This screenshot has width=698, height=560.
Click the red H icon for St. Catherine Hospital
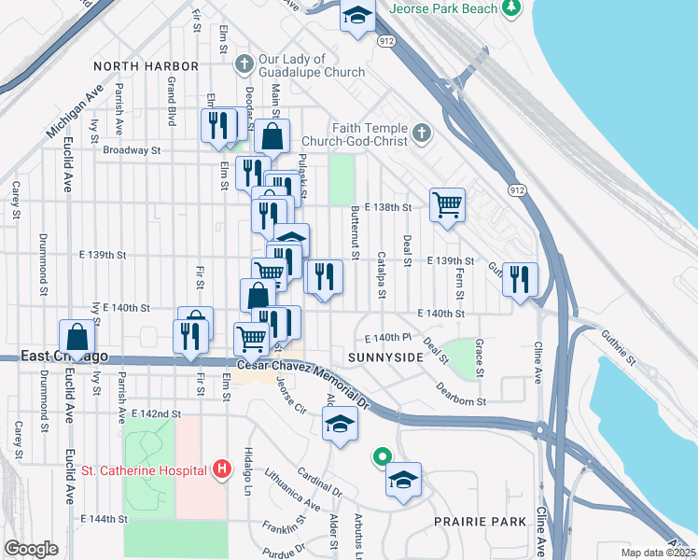(221, 468)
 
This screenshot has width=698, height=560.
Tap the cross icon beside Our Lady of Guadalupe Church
(244, 65)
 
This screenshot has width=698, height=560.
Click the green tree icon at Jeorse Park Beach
(510, 8)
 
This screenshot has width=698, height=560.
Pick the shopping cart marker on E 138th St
(447, 203)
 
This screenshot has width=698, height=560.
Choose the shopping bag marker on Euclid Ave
(77, 337)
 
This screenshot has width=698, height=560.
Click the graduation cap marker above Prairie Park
(403, 481)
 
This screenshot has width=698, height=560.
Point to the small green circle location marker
(381, 457)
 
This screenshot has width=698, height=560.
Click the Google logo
(31, 549)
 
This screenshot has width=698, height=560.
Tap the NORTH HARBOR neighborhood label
(147, 66)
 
